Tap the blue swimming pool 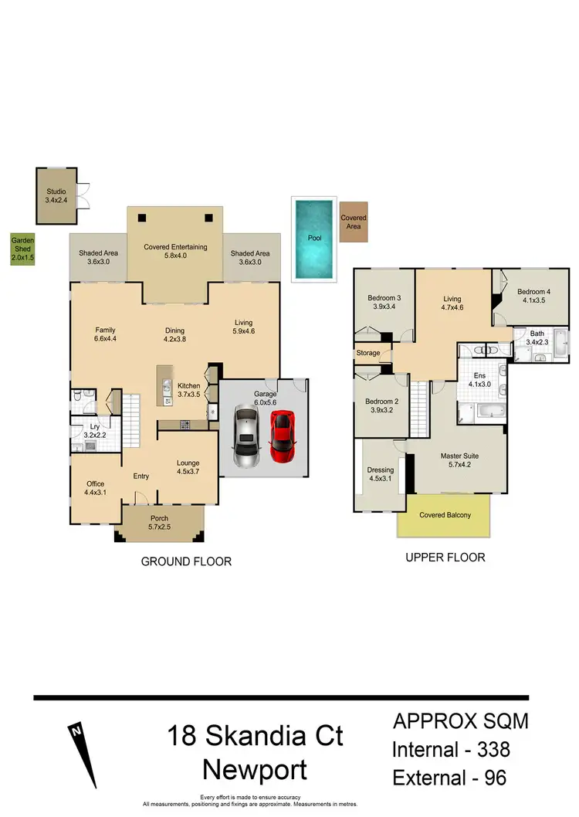pyautogui.click(x=314, y=238)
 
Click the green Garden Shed pyautogui.click(x=22, y=250)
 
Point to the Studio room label pyautogui.click(x=56, y=192)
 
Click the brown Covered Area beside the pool pyautogui.click(x=354, y=222)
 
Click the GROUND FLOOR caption pyautogui.click(x=186, y=561)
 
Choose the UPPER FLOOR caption pyautogui.click(x=445, y=557)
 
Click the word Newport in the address pyautogui.click(x=254, y=769)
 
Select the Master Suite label pyautogui.click(x=461, y=456)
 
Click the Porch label pyautogui.click(x=160, y=518)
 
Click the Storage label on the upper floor pyautogui.click(x=368, y=353)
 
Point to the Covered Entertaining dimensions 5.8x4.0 pyautogui.click(x=176, y=256)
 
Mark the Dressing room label pyautogui.click(x=381, y=470)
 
